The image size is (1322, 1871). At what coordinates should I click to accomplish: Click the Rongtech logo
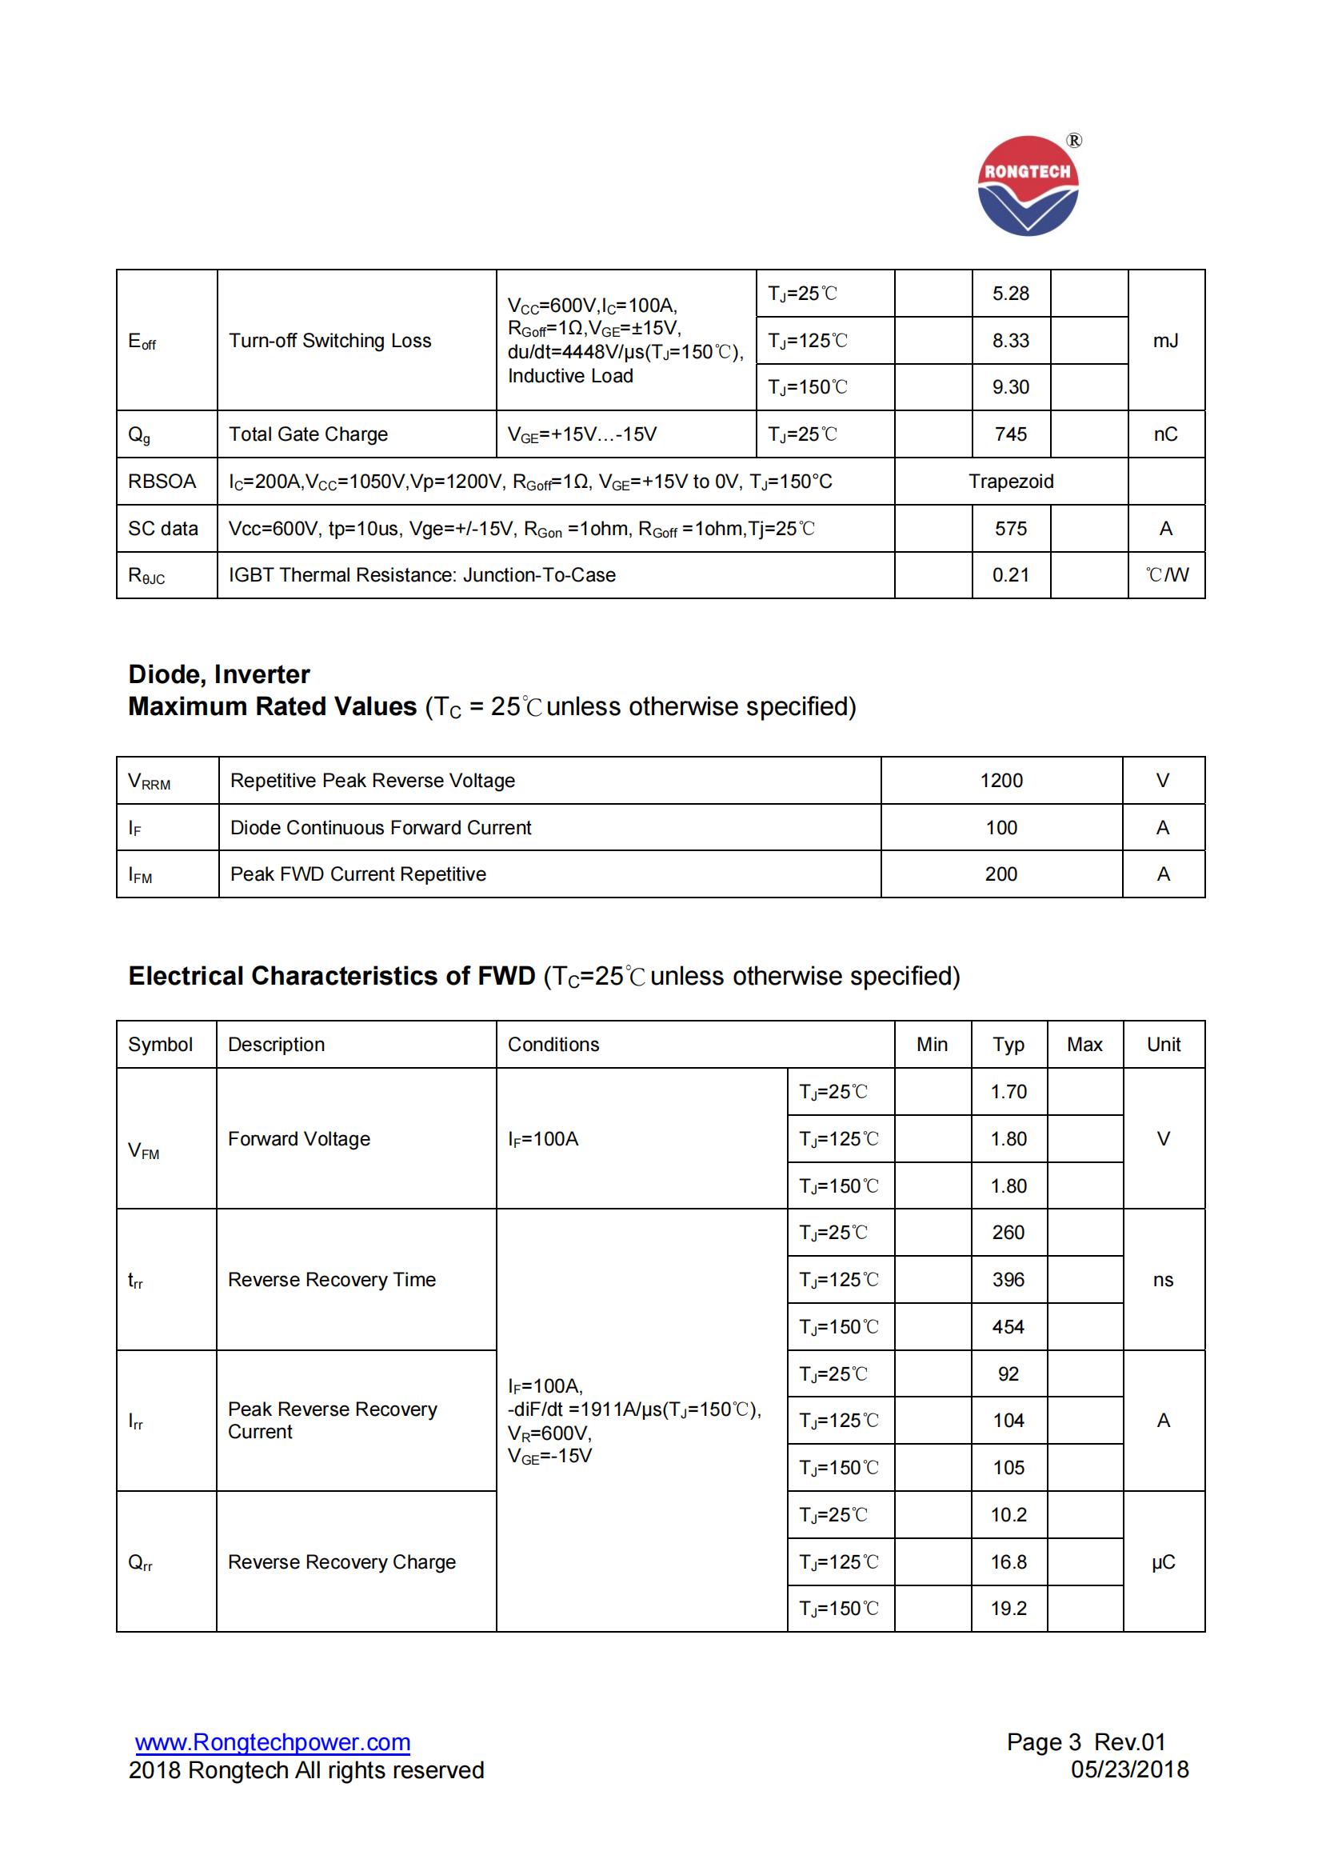[x=1028, y=186]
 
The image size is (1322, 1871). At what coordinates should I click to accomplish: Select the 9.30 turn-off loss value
[x=1010, y=387]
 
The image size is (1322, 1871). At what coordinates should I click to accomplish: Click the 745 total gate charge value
[x=1010, y=434]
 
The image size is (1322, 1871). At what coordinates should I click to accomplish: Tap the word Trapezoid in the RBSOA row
[x=1010, y=482]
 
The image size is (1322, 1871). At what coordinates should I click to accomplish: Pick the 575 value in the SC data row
[x=1010, y=529]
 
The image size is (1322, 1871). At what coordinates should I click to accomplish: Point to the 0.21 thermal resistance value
[x=1010, y=575]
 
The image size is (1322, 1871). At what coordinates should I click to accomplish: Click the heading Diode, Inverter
[x=219, y=675]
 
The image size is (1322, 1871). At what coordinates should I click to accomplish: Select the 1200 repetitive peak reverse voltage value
[x=1001, y=781]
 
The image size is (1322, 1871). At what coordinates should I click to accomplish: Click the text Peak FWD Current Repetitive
[x=357, y=874]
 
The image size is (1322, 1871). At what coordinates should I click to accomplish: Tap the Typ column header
[x=1008, y=1045]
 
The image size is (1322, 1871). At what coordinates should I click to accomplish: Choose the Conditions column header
[x=553, y=1045]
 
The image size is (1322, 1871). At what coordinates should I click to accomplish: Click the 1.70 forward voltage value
[x=1008, y=1092]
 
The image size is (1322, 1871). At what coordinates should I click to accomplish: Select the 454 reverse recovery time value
[x=1008, y=1326]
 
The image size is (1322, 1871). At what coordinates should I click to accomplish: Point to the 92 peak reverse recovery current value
[x=1008, y=1374]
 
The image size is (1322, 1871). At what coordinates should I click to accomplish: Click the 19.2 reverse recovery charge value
[x=1008, y=1609]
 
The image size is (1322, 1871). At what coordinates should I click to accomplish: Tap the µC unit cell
[x=1163, y=1562]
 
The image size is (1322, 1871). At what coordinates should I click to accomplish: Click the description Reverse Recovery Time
[x=332, y=1280]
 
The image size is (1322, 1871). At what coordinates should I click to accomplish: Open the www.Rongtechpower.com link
[x=273, y=1742]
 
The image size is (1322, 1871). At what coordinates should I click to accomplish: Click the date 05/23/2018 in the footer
[x=1130, y=1770]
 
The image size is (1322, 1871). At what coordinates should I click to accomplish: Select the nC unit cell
[x=1165, y=434]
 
